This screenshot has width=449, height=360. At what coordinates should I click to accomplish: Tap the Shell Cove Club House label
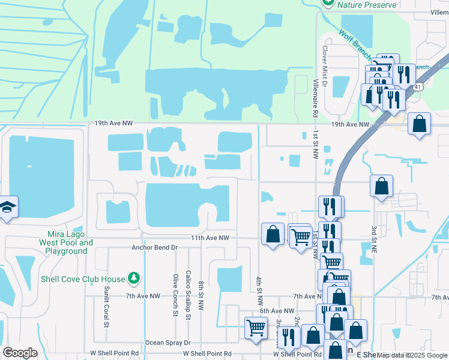tap(83, 279)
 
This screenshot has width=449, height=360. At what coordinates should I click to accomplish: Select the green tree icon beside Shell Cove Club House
tap(134, 279)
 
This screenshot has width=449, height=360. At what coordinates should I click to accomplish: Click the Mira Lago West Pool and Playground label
tap(66, 242)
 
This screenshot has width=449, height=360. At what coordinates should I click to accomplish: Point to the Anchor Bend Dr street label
tap(155, 247)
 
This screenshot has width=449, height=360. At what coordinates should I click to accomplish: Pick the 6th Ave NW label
tap(277, 311)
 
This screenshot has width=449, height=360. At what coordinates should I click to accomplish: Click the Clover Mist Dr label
tap(325, 67)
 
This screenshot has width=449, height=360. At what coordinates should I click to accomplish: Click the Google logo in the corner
tap(20, 352)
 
